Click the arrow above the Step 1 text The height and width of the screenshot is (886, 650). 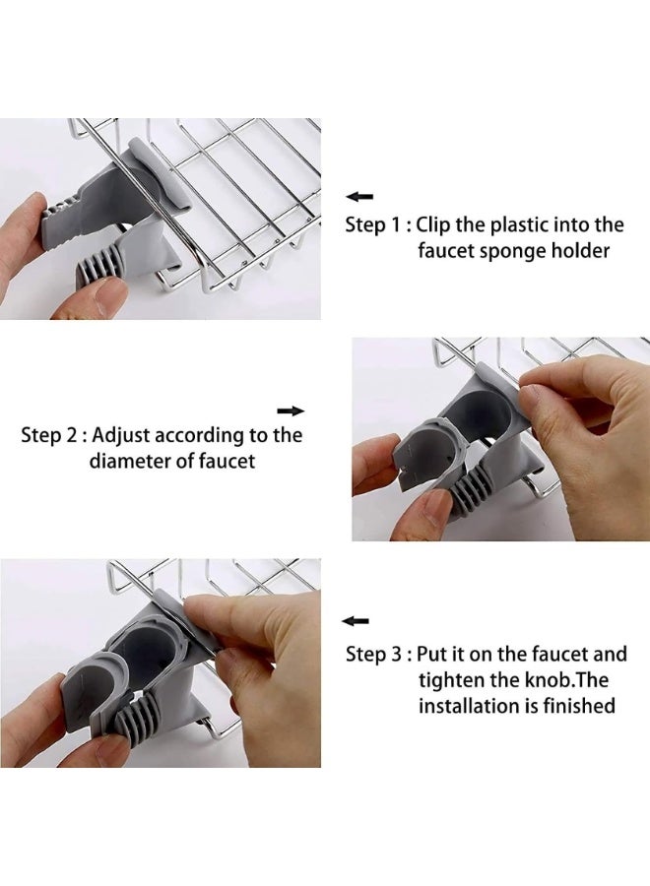[359, 197]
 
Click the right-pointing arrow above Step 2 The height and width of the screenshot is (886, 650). [291, 411]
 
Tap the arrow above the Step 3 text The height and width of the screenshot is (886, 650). [356, 621]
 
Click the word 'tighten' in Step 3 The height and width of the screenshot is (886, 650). [451, 680]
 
